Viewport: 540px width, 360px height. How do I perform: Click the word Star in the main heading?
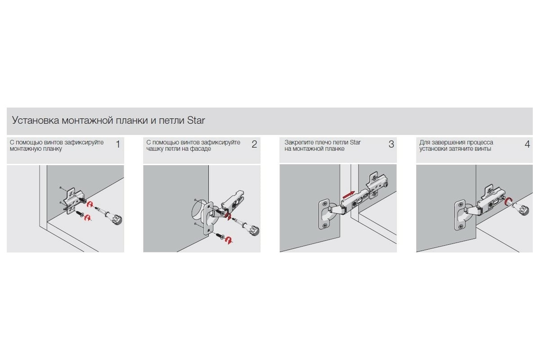point(196,120)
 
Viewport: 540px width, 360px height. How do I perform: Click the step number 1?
point(118,144)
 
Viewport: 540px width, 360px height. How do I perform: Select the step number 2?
point(254,144)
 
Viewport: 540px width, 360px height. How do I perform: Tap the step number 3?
point(391,144)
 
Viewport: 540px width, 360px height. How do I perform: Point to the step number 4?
point(527,144)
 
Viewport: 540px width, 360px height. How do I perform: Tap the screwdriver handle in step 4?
point(520,209)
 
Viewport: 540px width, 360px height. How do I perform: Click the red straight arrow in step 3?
point(349,194)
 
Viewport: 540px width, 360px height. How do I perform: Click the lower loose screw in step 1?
point(80,213)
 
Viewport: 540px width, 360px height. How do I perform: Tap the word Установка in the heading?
point(36,120)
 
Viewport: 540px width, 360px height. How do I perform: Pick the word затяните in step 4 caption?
point(460,149)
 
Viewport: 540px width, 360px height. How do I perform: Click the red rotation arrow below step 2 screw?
point(229,240)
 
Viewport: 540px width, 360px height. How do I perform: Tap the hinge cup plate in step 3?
point(324,214)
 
